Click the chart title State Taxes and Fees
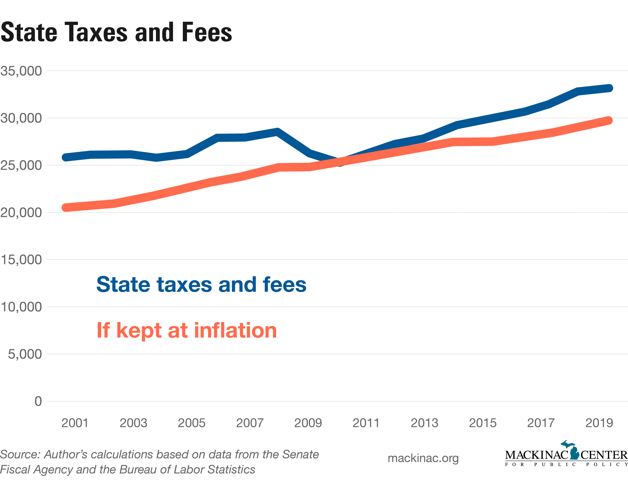pos(116,32)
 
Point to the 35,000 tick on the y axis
pos(21,71)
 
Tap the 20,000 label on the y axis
pos(21,213)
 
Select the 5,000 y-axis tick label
pos(25,354)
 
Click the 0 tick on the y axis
pos(38,401)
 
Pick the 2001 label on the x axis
pos(75,423)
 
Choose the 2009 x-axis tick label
pos(308,423)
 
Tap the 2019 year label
pos(599,423)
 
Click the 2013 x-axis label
pos(424,423)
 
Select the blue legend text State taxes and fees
pos(201,285)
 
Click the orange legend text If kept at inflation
pos(187,330)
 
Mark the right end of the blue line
pos(609,88)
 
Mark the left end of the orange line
pos(66,207)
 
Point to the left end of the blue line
pos(66,157)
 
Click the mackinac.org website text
pos(423,458)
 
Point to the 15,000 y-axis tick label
pos(21,260)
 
